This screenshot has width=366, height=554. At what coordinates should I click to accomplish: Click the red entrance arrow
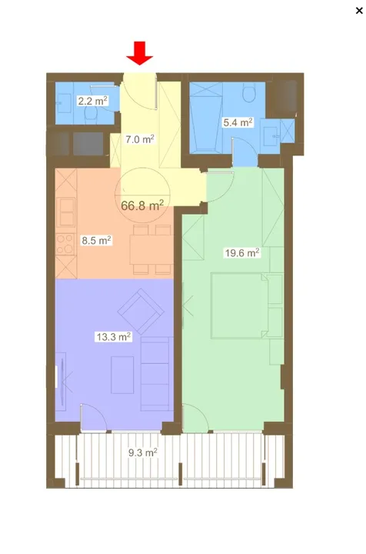click(x=140, y=54)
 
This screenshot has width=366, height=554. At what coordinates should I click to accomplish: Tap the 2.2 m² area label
click(x=91, y=100)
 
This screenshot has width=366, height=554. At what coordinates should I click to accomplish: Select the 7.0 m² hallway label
click(x=139, y=139)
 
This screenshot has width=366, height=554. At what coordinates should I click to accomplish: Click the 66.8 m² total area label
click(x=142, y=205)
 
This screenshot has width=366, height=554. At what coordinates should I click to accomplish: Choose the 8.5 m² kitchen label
click(x=96, y=240)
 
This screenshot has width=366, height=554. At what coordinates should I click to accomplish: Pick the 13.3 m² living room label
click(x=113, y=336)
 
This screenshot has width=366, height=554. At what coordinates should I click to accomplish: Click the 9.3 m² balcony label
click(x=142, y=453)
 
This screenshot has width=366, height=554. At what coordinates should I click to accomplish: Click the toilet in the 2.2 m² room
click(x=91, y=115)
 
